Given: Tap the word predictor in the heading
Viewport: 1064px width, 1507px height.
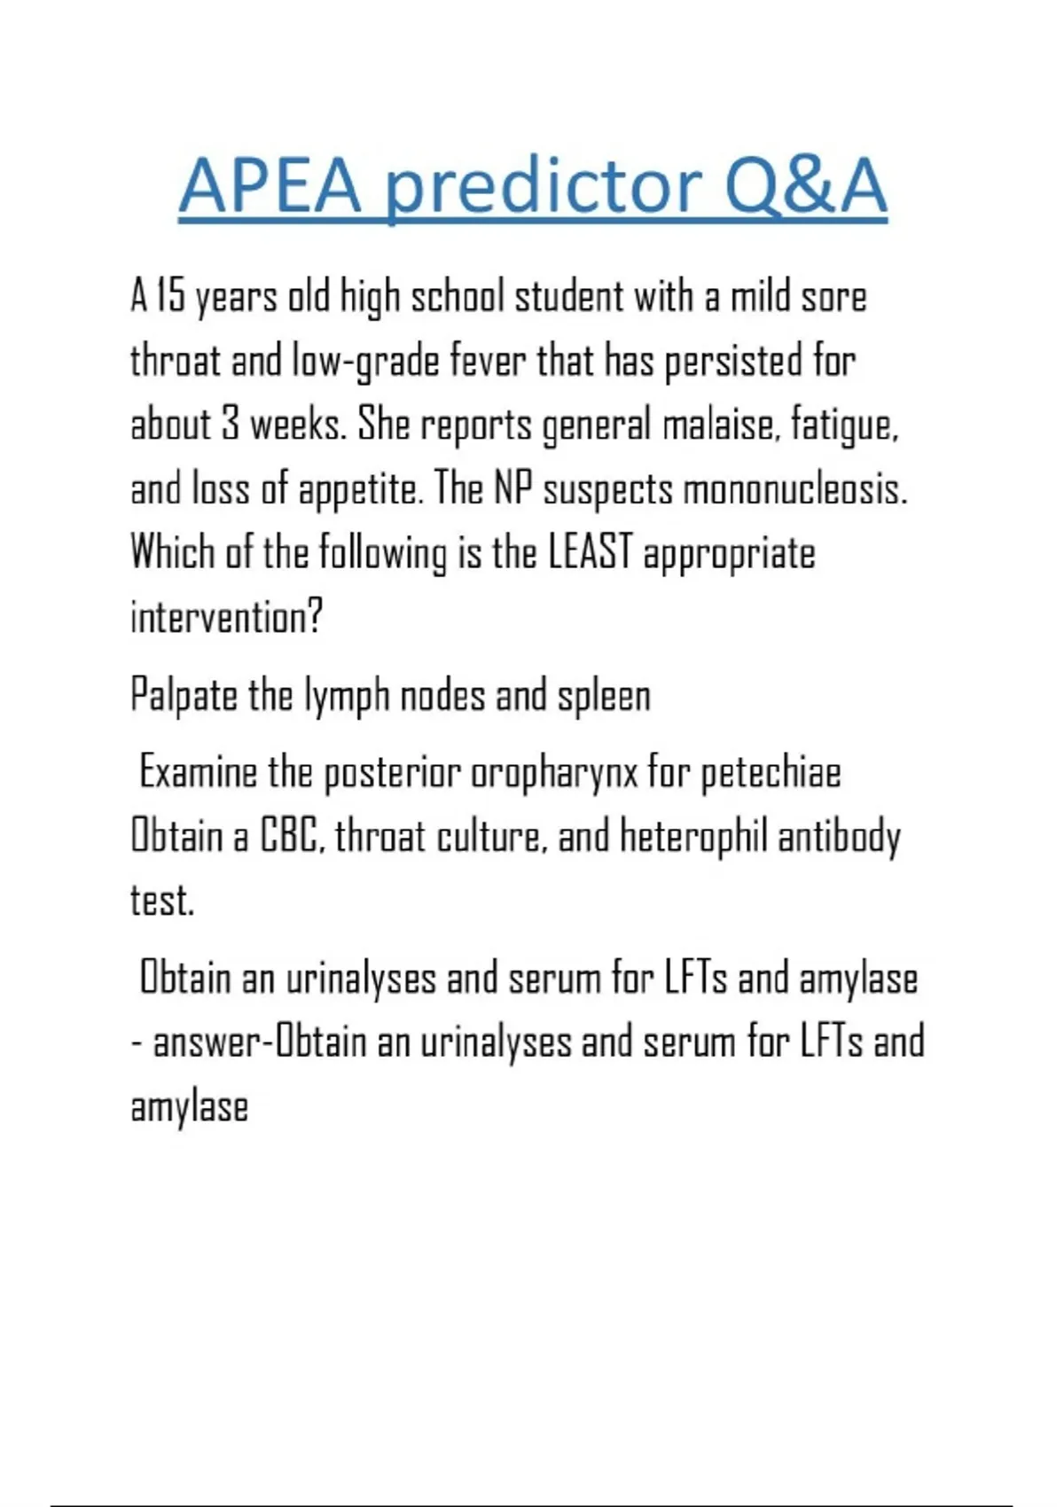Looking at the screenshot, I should click(x=544, y=188).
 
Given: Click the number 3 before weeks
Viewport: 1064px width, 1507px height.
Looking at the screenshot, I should click(x=231, y=426).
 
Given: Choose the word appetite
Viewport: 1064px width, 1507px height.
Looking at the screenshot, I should click(x=358, y=489).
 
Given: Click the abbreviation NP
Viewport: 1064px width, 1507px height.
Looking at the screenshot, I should click(x=512, y=489).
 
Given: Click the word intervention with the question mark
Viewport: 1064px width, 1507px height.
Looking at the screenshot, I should click(x=226, y=617).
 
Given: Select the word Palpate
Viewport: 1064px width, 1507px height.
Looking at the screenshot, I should click(x=184, y=696).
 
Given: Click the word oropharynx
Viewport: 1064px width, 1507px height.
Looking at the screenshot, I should click(x=553, y=773).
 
